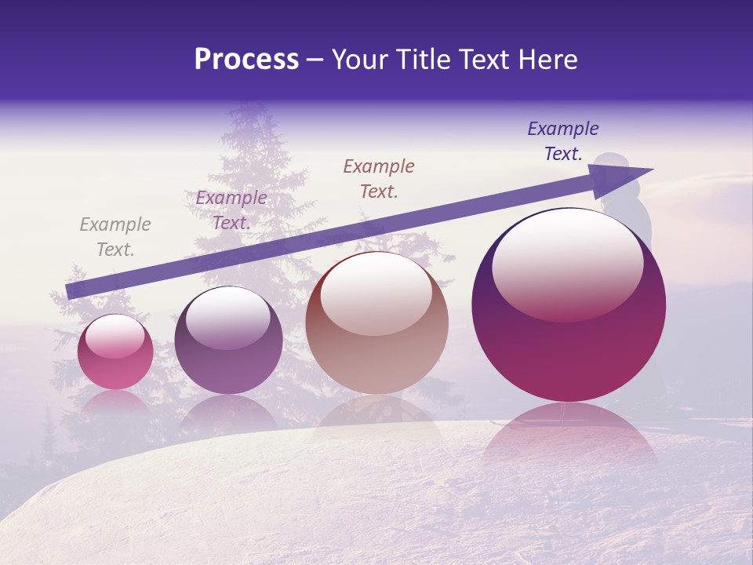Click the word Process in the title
[246, 60]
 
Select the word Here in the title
[547, 60]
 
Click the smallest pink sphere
[115, 352]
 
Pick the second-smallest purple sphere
[228, 341]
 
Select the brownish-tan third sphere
[376, 323]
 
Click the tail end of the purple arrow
[69, 292]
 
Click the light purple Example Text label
[231, 210]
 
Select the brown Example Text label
[379, 178]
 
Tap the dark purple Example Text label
[563, 141]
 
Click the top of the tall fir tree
[249, 110]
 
